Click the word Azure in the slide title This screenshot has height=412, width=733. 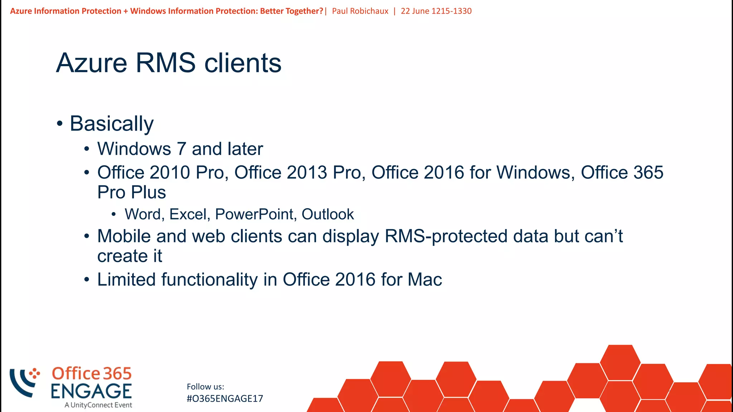pyautogui.click(x=92, y=63)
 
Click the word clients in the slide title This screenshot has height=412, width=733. pyautogui.click(x=243, y=63)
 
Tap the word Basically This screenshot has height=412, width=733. pyautogui.click(x=112, y=124)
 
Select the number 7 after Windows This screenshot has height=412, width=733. pyautogui.click(x=181, y=149)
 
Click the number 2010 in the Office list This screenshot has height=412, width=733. pyautogui.click(x=170, y=172)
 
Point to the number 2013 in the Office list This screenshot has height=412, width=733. pyautogui.click(x=307, y=172)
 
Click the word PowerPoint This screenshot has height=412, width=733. pyautogui.click(x=254, y=214)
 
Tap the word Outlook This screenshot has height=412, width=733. pyautogui.click(x=327, y=214)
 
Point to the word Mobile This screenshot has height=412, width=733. pyautogui.click(x=124, y=236)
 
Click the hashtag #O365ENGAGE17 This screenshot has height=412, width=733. pyautogui.click(x=225, y=398)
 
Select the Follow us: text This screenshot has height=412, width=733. pyautogui.click(x=205, y=387)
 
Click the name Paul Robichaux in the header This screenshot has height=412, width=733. pyautogui.click(x=360, y=11)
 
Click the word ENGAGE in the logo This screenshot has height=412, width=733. pyautogui.click(x=91, y=391)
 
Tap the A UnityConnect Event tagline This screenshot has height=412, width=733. pyautogui.click(x=98, y=405)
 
